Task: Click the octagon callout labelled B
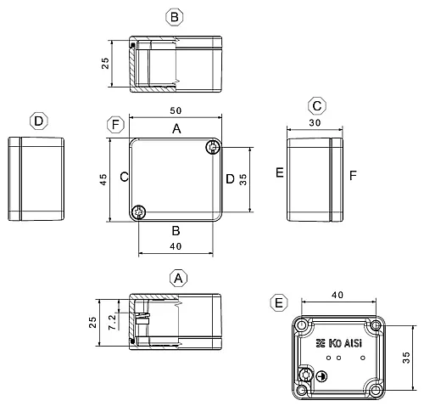[x=175, y=17]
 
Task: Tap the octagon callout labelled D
[x=39, y=121]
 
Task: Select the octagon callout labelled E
[x=279, y=303]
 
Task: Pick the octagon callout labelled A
[x=178, y=279]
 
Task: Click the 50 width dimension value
[x=176, y=110]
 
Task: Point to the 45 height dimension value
[x=103, y=180]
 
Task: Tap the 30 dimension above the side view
[x=315, y=123]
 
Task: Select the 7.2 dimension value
[x=112, y=322]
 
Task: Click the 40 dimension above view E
[x=338, y=295]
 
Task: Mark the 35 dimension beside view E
[x=406, y=358]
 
